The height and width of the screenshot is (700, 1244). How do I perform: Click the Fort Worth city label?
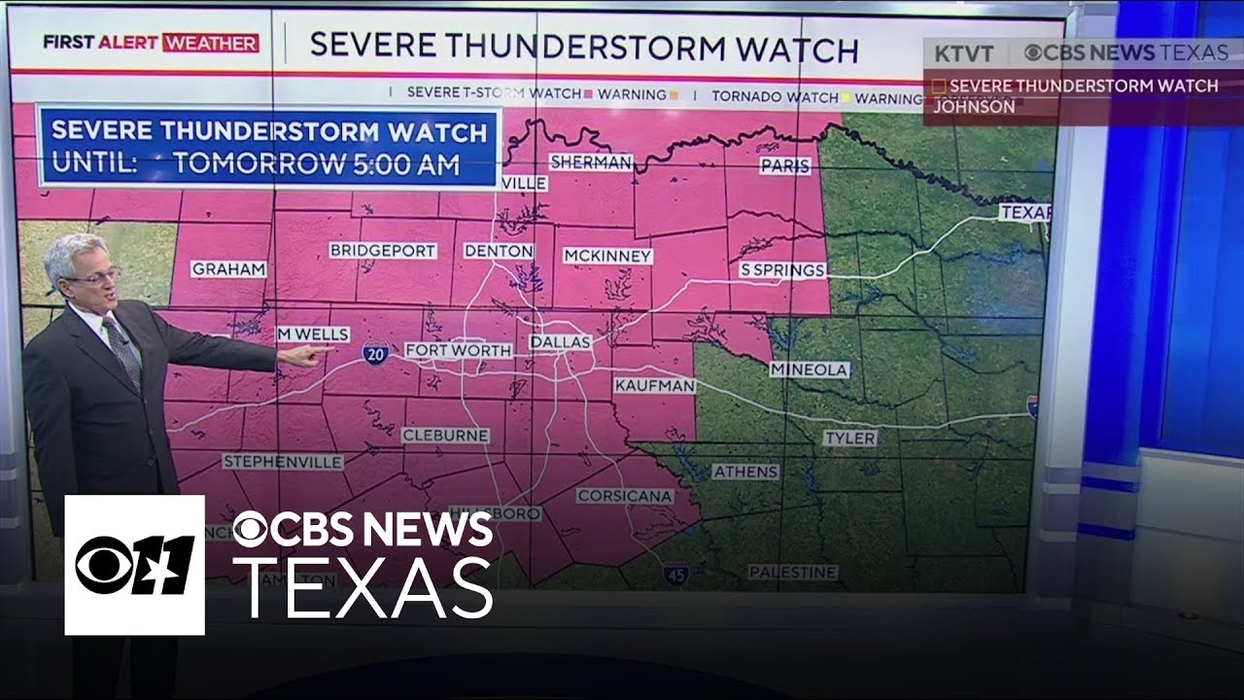tap(458, 350)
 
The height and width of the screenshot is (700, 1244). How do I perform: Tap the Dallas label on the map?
tap(560, 343)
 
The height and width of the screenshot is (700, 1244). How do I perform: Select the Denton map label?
tap(499, 251)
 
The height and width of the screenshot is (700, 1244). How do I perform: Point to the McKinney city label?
tap(607, 256)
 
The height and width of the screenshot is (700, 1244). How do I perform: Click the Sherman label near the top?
tap(591, 162)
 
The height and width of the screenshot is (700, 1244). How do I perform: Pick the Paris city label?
tap(785, 166)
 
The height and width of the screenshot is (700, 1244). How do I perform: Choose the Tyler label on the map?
tap(849, 438)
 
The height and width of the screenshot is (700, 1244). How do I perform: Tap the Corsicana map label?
tap(625, 496)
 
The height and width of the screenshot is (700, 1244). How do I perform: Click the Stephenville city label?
tap(283, 461)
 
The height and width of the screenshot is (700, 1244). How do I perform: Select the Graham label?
tap(228, 269)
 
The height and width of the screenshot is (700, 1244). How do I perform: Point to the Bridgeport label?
tap(383, 250)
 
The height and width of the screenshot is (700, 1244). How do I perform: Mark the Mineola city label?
tap(810, 369)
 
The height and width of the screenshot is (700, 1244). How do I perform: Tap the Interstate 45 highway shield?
tap(676, 573)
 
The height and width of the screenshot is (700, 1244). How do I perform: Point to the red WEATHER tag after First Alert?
tap(211, 44)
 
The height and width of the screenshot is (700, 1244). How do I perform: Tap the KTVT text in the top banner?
tap(964, 53)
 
